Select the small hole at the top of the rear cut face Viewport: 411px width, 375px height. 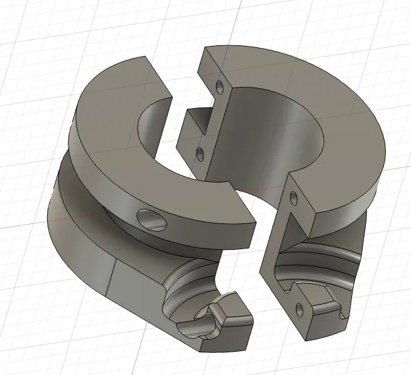point(219,85)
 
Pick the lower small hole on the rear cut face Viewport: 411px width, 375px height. point(200,152)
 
